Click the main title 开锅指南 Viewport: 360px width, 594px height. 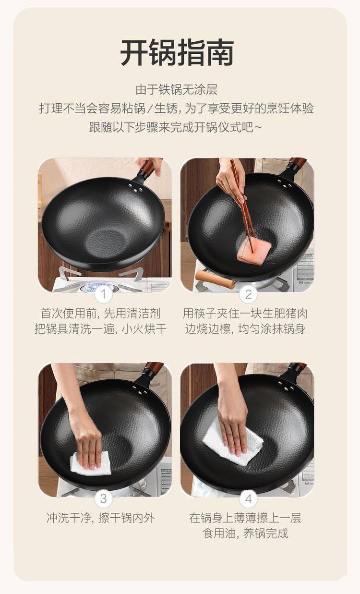pyautogui.click(x=177, y=53)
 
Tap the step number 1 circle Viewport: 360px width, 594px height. pyautogui.click(x=104, y=294)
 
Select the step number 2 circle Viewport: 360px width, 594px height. pyautogui.click(x=248, y=294)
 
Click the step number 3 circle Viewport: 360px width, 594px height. pyautogui.click(x=104, y=498)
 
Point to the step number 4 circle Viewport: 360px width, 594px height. pyautogui.click(x=248, y=498)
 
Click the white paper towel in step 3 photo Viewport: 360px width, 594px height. pyautogui.click(x=90, y=463)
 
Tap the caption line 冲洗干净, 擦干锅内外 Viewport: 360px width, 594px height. pyautogui.click(x=100, y=518)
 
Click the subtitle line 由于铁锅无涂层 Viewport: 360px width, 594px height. pyautogui.click(x=177, y=90)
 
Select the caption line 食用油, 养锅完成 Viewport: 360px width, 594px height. pyautogui.click(x=245, y=533)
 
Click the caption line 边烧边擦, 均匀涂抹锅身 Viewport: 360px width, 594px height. pyautogui.click(x=245, y=329)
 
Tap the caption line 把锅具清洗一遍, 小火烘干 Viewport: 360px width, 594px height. pyautogui.click(x=100, y=329)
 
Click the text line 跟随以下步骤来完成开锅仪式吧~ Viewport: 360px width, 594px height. pyautogui.click(x=175, y=127)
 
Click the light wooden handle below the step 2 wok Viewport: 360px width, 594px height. pyautogui.click(x=215, y=278)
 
